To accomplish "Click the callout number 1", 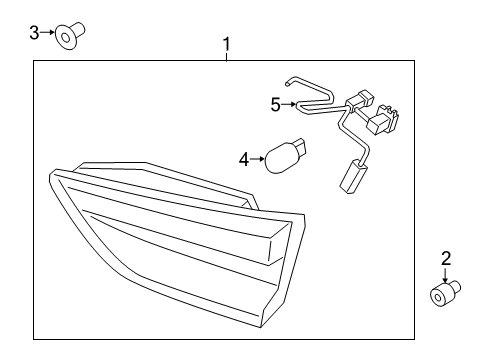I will [227, 44].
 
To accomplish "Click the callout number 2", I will [446, 258].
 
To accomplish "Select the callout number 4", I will [243, 158].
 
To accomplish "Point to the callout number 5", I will [276, 103].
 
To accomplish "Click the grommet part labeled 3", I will [68, 37].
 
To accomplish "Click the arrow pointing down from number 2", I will [446, 275].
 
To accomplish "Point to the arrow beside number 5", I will [288, 103].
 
